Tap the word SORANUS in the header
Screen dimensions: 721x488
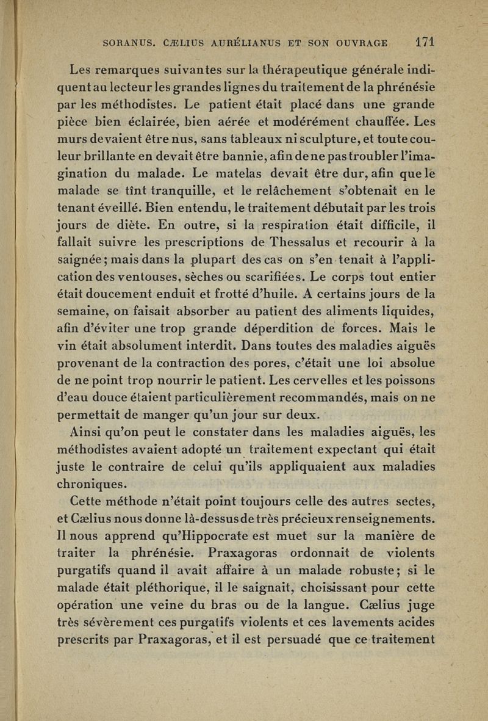(128, 44)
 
